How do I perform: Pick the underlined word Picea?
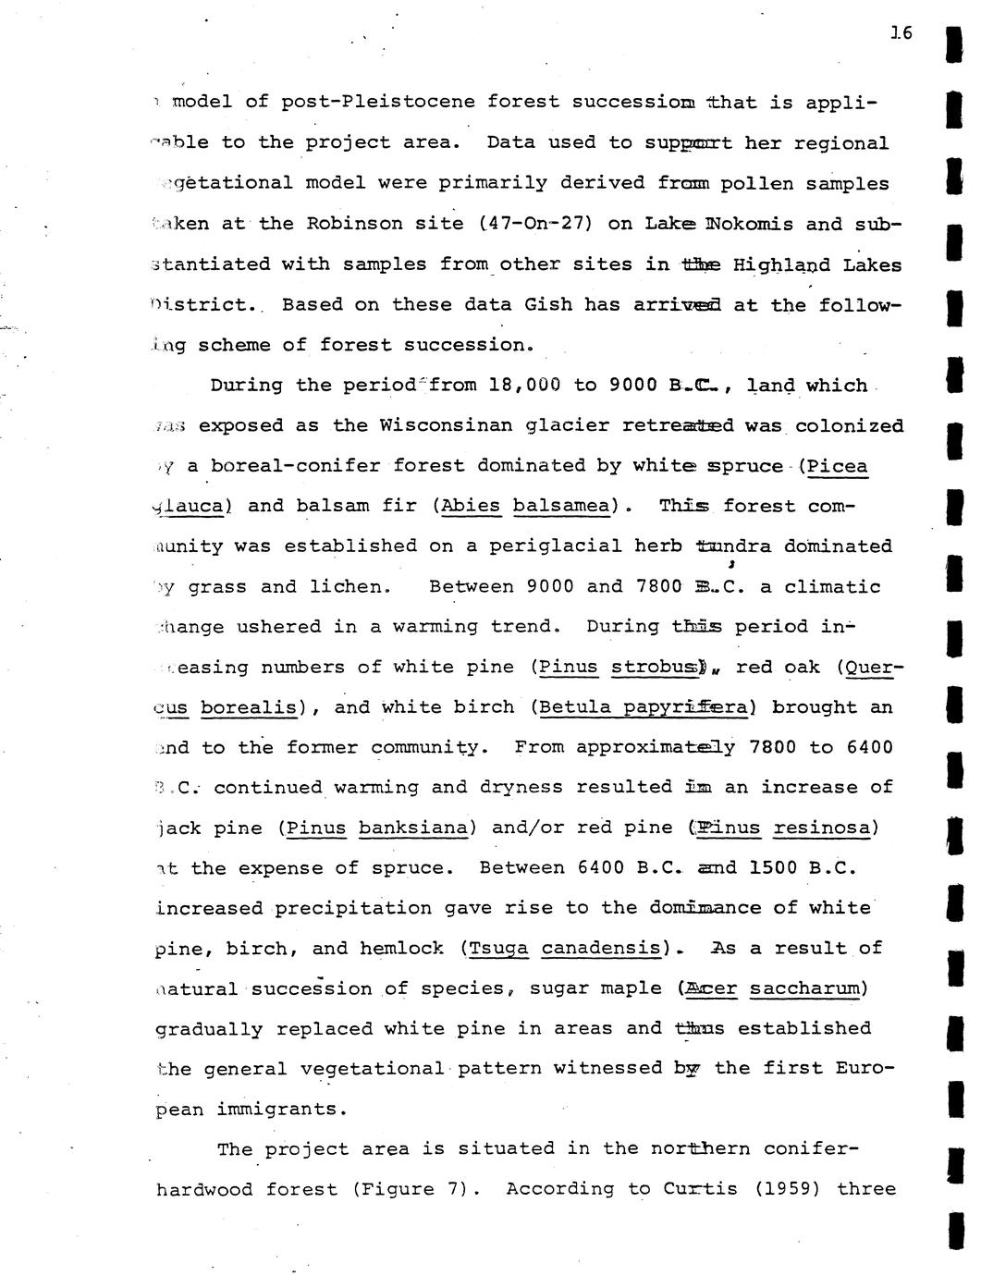837,465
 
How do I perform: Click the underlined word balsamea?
563,506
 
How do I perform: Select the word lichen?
353,586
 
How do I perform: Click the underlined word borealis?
249,707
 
